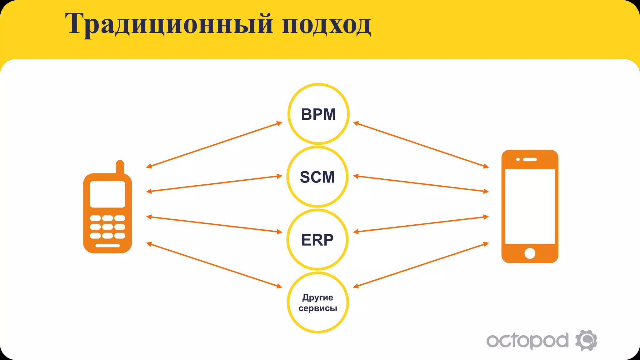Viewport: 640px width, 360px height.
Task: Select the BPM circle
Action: tap(318, 114)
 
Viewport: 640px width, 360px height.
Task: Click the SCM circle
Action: tap(317, 177)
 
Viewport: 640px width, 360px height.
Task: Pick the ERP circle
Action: tap(317, 240)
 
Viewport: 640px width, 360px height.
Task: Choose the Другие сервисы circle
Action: tap(318, 302)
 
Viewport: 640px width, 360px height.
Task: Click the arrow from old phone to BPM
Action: tap(214, 145)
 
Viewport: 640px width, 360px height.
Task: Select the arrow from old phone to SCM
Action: tap(214, 184)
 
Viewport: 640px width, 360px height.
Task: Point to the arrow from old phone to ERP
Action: tap(214, 224)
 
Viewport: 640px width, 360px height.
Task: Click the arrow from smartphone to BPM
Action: tap(421, 145)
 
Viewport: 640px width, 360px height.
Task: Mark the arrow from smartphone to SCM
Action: tap(421, 184)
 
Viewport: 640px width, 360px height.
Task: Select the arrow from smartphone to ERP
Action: tap(421, 224)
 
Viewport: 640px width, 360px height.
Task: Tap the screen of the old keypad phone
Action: tap(107, 194)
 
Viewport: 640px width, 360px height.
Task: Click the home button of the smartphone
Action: tap(530, 253)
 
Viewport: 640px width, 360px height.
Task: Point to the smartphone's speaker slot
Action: tap(530, 159)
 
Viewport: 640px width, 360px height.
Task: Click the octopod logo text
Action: tap(527, 341)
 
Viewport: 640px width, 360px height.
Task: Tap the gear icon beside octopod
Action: tap(586, 340)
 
